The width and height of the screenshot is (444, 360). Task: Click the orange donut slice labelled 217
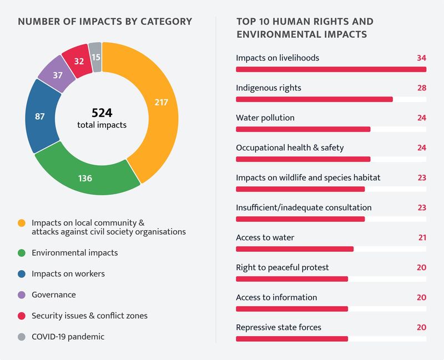[162, 102]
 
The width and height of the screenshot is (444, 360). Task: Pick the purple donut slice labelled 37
[57, 74]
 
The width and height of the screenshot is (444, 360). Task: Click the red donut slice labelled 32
[78, 60]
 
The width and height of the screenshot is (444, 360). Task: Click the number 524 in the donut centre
[102, 113]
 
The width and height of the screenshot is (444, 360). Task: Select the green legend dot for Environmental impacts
[22, 253]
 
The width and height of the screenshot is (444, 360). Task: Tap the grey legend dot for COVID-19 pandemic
[22, 337]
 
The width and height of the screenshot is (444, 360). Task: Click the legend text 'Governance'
[53, 295]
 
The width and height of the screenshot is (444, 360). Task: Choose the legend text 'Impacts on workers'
[68, 273]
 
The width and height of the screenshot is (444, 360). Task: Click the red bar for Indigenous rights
[314, 99]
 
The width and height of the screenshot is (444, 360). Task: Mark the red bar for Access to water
[295, 249]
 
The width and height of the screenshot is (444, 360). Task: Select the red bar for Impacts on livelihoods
[331, 69]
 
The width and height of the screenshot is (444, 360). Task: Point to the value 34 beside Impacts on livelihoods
[421, 58]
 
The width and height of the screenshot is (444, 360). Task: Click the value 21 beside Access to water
[422, 237]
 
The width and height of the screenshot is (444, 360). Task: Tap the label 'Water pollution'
[265, 118]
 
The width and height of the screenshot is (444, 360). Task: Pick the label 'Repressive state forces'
[278, 327]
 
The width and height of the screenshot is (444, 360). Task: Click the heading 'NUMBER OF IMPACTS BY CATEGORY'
[105, 22]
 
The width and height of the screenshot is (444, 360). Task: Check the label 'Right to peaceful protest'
[282, 267]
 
